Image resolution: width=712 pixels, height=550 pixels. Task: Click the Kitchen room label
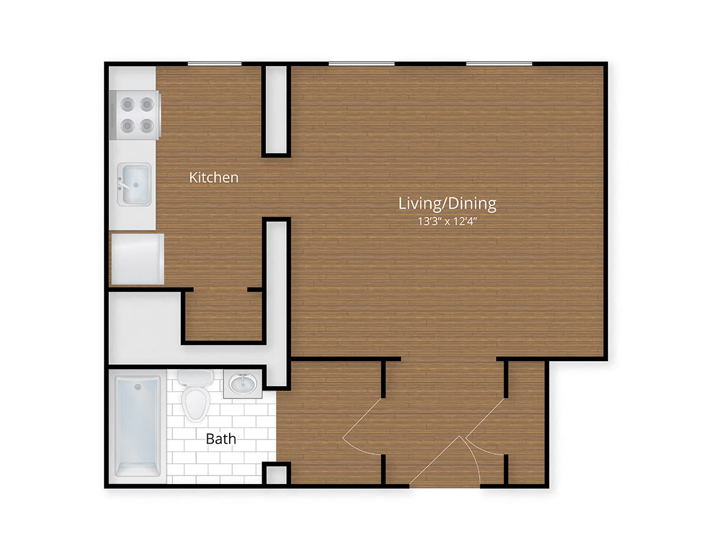pyautogui.click(x=213, y=177)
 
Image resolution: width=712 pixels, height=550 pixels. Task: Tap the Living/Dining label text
pyautogui.click(x=447, y=204)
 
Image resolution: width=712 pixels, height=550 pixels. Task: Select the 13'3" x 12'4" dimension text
pyautogui.click(x=447, y=222)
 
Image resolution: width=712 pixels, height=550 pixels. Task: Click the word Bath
pyautogui.click(x=221, y=439)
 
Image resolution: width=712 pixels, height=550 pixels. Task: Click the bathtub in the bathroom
pyautogui.click(x=138, y=425)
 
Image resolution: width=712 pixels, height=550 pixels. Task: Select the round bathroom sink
pyautogui.click(x=243, y=384)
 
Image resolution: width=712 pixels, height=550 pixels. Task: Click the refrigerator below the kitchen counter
pyautogui.click(x=137, y=259)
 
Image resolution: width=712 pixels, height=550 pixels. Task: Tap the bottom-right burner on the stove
pyautogui.click(x=147, y=125)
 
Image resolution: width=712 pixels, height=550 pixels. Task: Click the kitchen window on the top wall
pyautogui.click(x=215, y=64)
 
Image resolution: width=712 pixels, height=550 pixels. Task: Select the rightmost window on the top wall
pyautogui.click(x=499, y=64)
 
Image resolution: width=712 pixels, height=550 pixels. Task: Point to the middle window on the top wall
pyautogui.click(x=361, y=64)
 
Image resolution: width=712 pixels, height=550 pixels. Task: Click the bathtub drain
pyautogui.click(x=138, y=387)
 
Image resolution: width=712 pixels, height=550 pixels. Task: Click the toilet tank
pyautogui.click(x=196, y=378)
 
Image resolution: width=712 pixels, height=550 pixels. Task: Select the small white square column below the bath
pyautogui.click(x=276, y=475)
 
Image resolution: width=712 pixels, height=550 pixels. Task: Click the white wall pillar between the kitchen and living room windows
pyautogui.click(x=276, y=109)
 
